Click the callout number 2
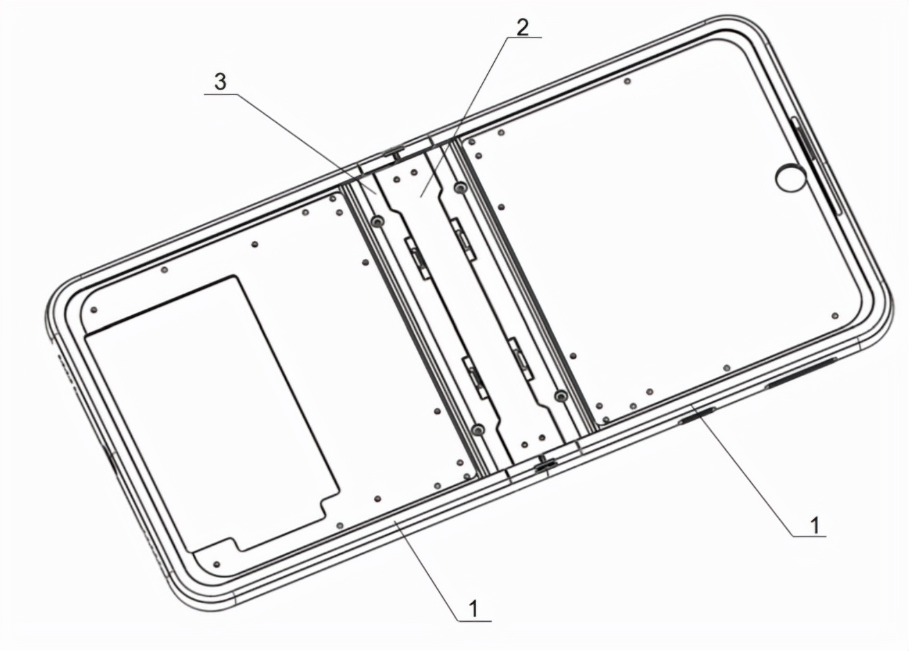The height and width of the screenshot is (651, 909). [x=523, y=27]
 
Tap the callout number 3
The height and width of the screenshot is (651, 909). [x=221, y=82]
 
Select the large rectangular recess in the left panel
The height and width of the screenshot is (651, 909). [x=212, y=414]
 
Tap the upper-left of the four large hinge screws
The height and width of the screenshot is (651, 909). [x=377, y=221]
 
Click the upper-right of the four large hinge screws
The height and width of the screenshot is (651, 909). [x=460, y=187]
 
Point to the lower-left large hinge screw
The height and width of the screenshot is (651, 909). [x=479, y=430]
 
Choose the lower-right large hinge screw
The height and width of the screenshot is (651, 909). [x=561, y=396]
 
